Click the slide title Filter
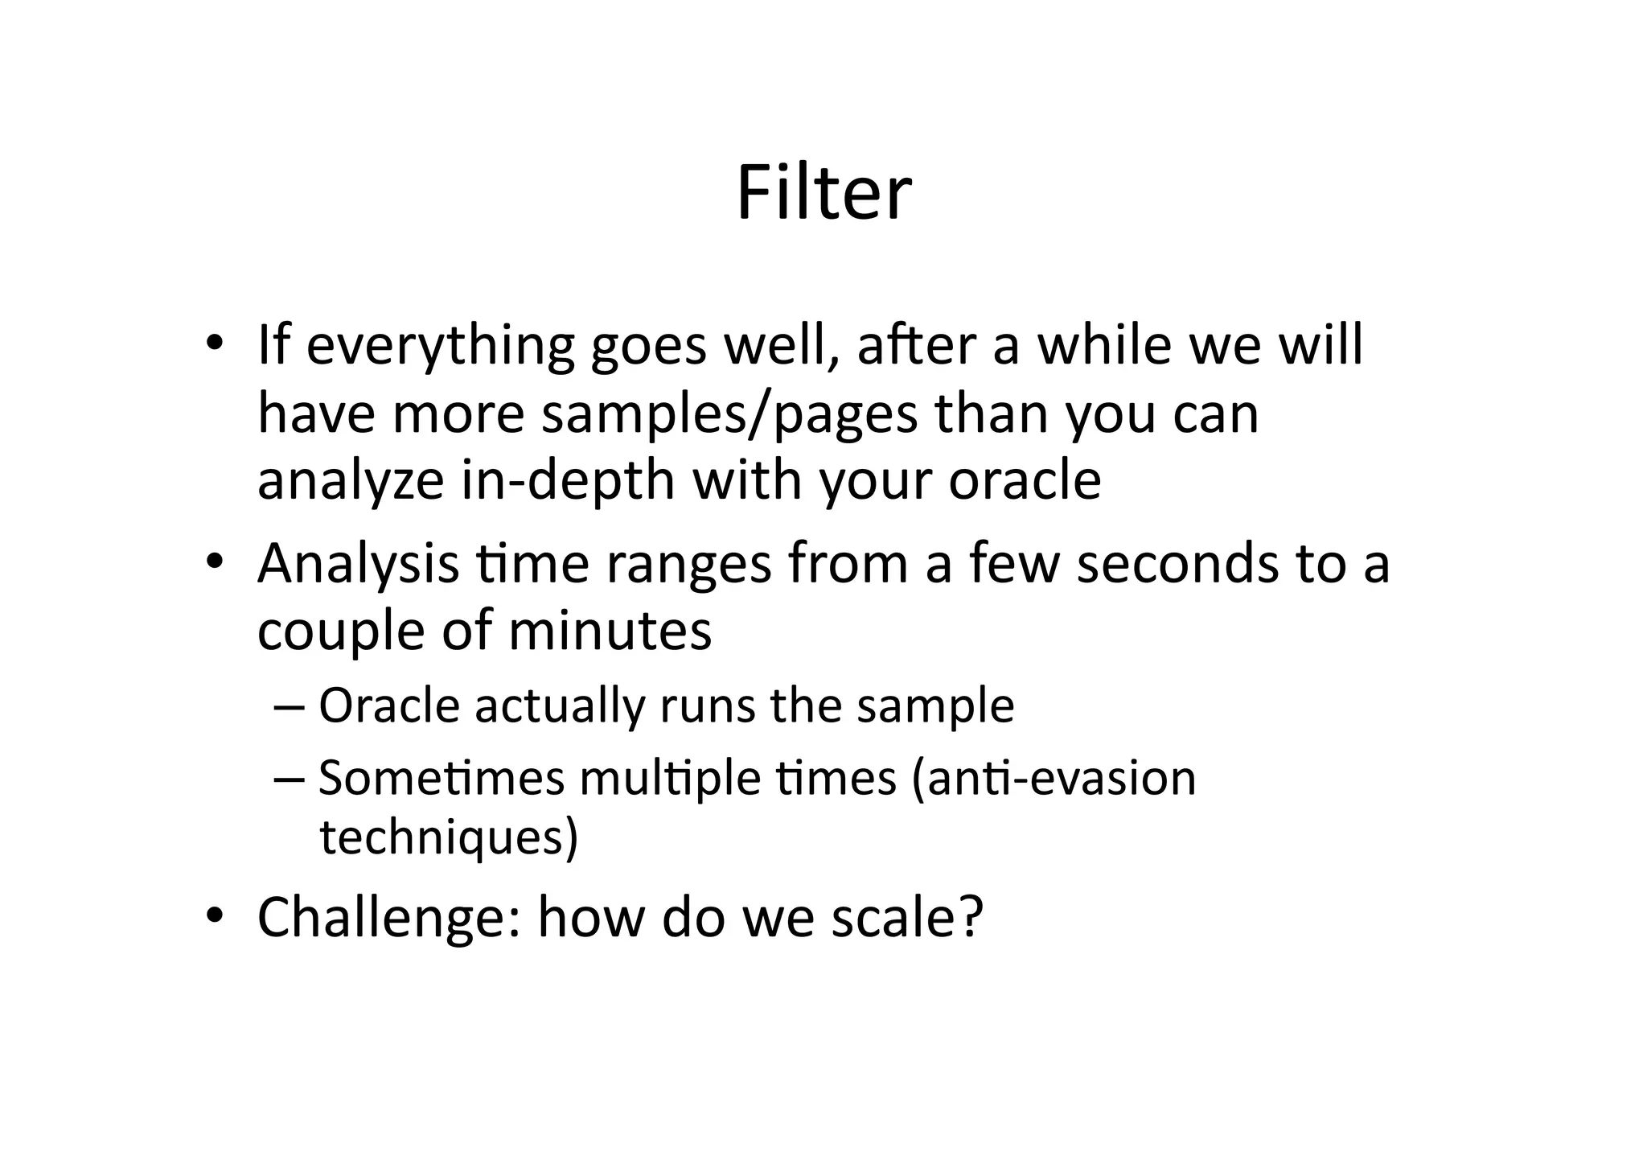click(823, 193)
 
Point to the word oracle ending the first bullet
click(1025, 480)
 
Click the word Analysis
click(358, 566)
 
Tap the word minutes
click(610, 630)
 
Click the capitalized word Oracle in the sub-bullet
click(388, 705)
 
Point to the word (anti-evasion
click(1054, 778)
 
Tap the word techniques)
click(449, 837)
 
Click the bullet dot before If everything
click(213, 344)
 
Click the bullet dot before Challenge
click(213, 915)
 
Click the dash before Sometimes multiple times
click(288, 779)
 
